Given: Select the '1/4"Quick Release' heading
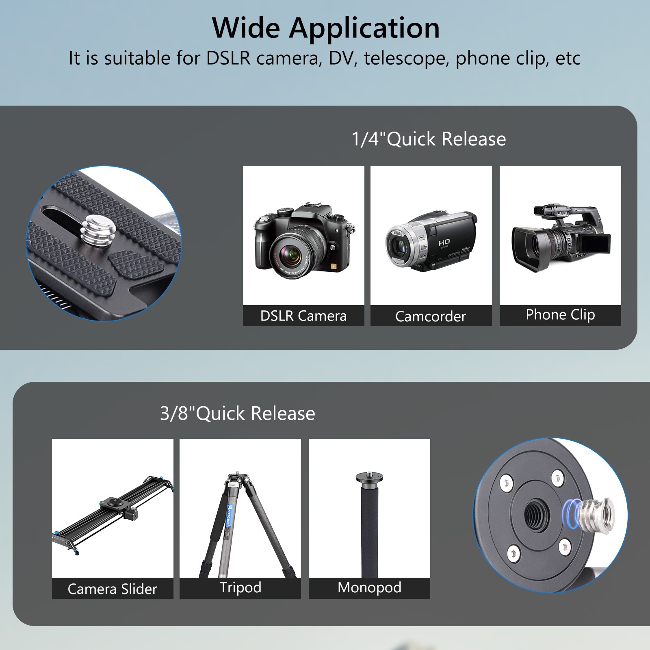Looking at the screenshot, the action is [x=429, y=139].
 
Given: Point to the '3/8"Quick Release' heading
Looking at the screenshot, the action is [x=237, y=414].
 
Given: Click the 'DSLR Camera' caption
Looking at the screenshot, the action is [x=303, y=316].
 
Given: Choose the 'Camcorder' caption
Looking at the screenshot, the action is [x=431, y=316].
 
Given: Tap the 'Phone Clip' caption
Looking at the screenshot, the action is [x=560, y=315].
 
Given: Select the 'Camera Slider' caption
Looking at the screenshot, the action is [x=112, y=589].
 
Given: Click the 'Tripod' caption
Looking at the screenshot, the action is [x=240, y=587].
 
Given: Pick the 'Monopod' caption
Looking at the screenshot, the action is [x=369, y=587].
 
